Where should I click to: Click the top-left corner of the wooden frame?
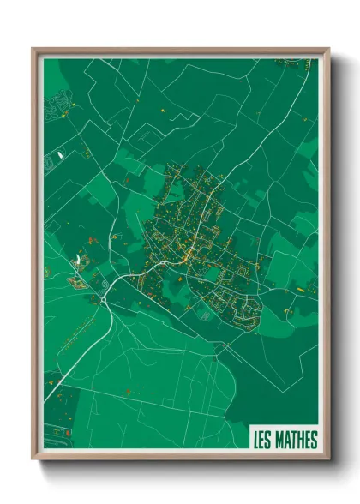33,50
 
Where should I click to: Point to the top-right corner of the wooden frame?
327,50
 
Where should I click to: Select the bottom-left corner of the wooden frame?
33,459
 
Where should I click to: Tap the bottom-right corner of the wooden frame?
327,459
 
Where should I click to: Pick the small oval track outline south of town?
203,315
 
